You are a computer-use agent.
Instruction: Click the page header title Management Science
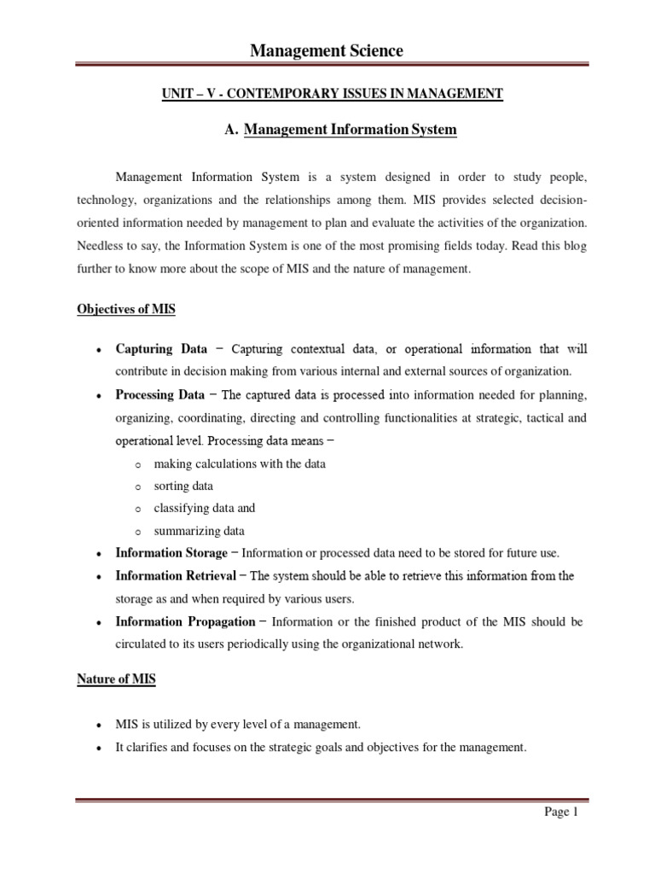click(x=327, y=52)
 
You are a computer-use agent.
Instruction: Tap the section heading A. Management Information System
click(x=340, y=130)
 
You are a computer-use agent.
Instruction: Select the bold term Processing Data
click(x=159, y=395)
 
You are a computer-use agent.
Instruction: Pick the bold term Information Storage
click(x=171, y=553)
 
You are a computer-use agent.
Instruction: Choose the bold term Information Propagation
click(x=185, y=622)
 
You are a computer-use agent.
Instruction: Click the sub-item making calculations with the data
click(x=240, y=463)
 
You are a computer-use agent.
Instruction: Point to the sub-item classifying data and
click(x=204, y=508)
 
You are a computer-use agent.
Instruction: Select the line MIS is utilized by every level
click(x=238, y=725)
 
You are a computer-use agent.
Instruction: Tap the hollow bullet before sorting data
click(x=137, y=487)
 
